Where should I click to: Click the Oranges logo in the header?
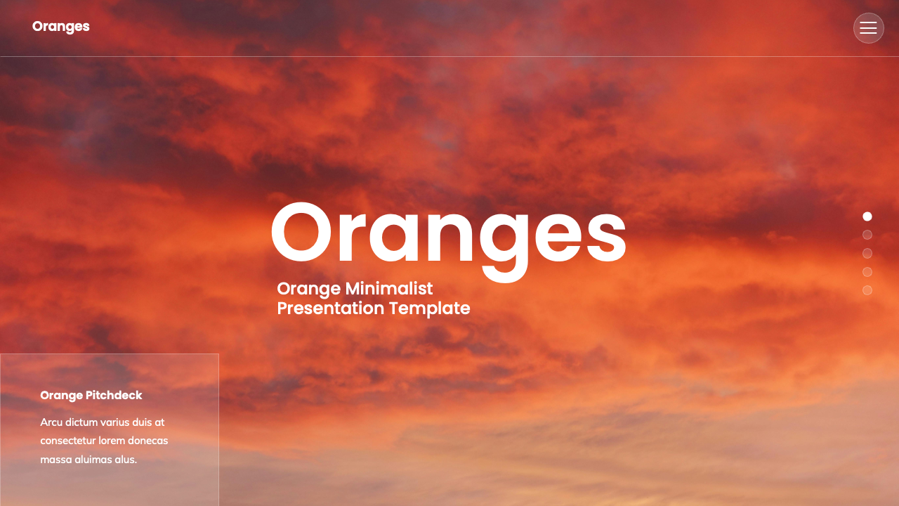pos(60,27)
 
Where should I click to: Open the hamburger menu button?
pos(868,28)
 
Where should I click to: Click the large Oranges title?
pos(448,235)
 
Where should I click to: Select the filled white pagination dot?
pos(867,216)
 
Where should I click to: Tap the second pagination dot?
pos(867,235)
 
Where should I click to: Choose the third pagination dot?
pos(867,253)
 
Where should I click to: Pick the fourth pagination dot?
pos(867,272)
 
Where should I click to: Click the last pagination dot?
pos(867,290)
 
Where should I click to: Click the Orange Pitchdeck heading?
pos(91,395)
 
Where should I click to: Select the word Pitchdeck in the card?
pos(114,395)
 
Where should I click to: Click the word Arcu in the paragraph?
pos(51,422)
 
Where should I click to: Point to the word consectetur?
pos(71,441)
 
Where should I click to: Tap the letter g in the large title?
pos(504,242)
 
